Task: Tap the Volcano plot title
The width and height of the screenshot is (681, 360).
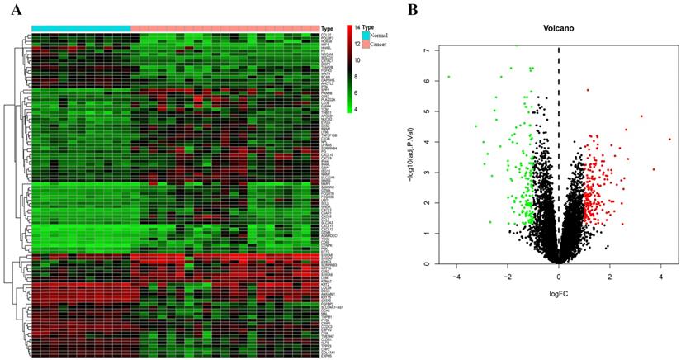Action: [x=559, y=29]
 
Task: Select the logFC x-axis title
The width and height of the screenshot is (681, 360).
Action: [x=559, y=291]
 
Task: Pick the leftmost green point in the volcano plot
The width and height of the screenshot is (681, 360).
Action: [x=448, y=77]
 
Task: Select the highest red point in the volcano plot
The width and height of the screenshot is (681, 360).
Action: [x=588, y=90]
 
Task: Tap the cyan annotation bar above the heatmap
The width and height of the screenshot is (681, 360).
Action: [x=81, y=28]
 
